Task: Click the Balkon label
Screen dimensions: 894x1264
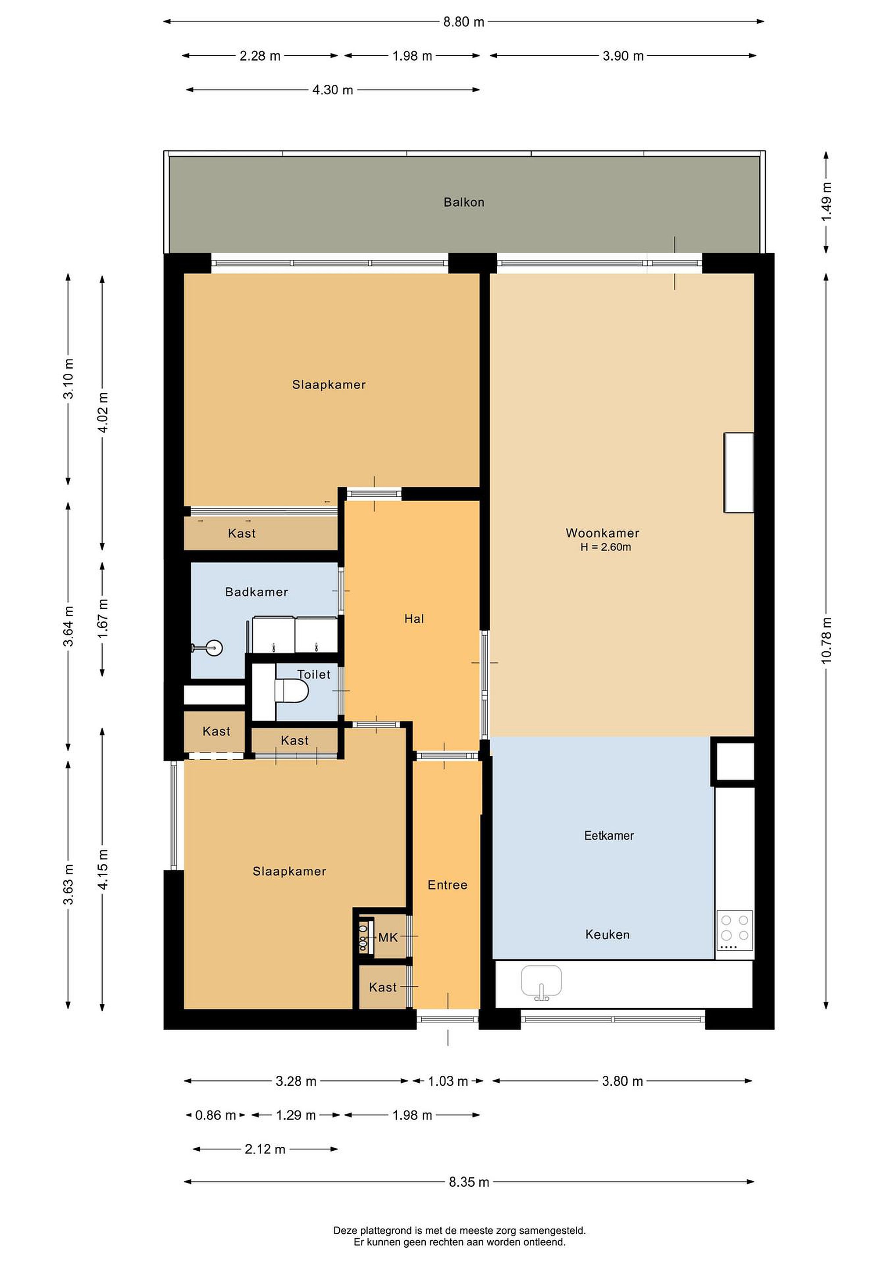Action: tap(463, 202)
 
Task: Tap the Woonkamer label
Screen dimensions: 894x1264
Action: tap(602, 533)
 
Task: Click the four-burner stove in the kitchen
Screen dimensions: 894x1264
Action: tap(734, 930)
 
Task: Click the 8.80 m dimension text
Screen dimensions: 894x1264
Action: tap(463, 22)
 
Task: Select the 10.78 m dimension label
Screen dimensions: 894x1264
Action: tap(826, 641)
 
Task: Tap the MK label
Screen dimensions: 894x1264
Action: tap(388, 937)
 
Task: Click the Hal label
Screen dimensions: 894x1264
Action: tap(414, 619)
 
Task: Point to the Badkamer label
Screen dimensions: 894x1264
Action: tap(257, 592)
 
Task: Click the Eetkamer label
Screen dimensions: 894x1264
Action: tap(609, 836)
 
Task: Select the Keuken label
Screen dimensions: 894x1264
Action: tap(607, 935)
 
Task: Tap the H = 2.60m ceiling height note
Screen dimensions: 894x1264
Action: tap(606, 547)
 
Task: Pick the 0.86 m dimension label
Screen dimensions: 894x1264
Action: tap(215, 1115)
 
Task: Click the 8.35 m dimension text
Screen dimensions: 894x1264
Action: tap(469, 1182)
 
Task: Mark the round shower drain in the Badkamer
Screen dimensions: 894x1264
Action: tap(214, 648)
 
